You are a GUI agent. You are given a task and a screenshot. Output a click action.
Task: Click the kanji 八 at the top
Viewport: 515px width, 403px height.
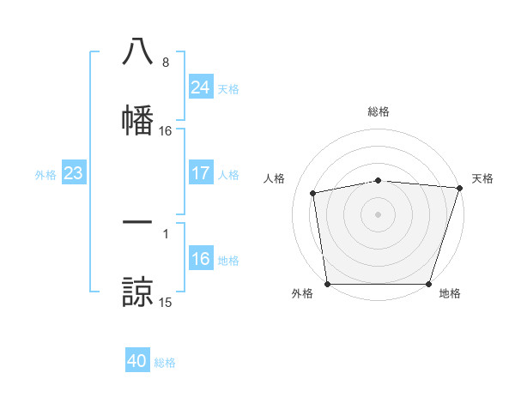click(137, 51)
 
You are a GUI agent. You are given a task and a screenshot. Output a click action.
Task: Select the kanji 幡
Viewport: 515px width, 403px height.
click(137, 117)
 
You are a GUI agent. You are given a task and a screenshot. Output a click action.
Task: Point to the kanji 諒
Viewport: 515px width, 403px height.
click(137, 291)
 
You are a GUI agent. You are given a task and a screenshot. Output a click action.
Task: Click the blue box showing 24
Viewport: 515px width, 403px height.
click(200, 87)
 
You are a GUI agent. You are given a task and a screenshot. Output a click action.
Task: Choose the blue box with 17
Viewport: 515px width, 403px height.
click(200, 173)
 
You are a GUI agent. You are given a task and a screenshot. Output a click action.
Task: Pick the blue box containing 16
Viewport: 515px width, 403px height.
click(200, 259)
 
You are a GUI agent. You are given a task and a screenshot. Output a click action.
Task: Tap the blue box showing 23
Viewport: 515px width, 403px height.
click(73, 173)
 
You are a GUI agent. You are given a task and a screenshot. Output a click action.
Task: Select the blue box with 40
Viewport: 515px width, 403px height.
click(137, 362)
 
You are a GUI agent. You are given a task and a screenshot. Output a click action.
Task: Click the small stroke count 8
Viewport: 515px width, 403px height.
click(165, 63)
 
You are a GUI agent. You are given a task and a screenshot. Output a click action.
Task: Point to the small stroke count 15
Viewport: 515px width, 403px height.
click(166, 303)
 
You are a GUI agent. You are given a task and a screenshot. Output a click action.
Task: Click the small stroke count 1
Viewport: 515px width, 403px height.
click(165, 233)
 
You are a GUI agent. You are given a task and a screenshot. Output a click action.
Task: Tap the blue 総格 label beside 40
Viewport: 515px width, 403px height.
click(165, 363)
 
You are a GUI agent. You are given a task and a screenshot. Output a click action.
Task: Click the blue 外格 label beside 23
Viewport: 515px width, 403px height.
click(45, 175)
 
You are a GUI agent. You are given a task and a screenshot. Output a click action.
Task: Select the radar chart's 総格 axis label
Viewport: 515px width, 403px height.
click(379, 111)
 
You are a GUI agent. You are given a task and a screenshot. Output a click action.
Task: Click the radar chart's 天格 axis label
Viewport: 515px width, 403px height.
click(482, 178)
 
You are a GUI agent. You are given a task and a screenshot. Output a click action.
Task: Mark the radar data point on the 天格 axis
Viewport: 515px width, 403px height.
click(459, 188)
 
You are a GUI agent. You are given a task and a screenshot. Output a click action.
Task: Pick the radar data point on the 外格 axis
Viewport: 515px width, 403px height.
click(328, 284)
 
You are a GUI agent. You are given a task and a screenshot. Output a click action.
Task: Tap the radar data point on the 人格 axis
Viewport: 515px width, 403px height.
click(313, 193)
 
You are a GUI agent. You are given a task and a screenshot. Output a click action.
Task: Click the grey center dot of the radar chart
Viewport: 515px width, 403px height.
click(379, 214)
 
